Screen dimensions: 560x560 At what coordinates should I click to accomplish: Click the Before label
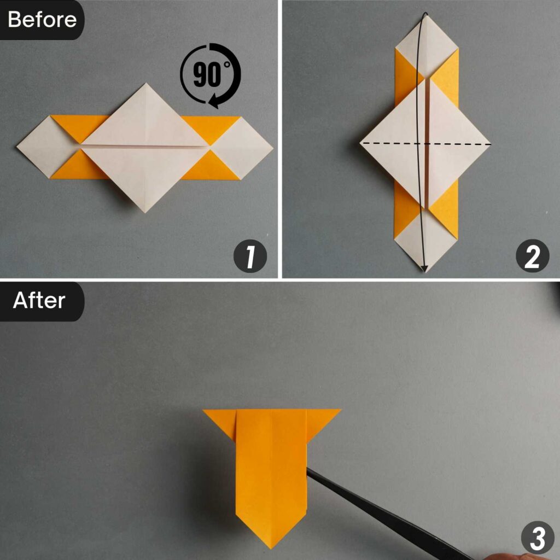point(42,20)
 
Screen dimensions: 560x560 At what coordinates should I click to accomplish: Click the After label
point(39,301)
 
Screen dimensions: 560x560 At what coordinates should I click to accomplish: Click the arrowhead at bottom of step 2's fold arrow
point(424,267)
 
